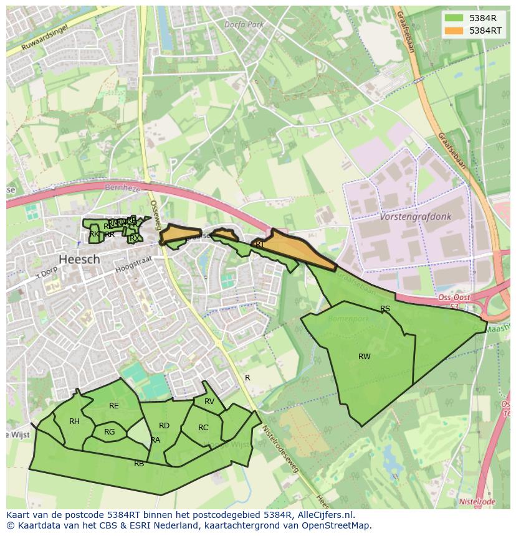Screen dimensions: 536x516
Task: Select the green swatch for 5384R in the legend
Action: (454, 18)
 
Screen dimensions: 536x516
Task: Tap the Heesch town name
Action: (79, 259)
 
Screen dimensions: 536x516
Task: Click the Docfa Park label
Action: (245, 25)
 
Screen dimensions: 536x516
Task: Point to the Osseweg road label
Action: (155, 215)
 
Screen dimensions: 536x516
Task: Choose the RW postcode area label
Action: (365, 357)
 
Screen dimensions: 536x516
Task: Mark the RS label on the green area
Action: (385, 309)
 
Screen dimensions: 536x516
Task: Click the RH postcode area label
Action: (74, 421)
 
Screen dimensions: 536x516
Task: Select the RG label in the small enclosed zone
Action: (110, 432)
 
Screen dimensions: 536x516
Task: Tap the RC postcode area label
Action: (203, 428)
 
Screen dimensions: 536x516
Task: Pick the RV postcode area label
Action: (209, 402)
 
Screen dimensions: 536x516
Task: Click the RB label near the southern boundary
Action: (139, 463)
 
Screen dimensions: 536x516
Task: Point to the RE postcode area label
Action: (114, 406)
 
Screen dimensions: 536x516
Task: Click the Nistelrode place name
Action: (477, 502)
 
